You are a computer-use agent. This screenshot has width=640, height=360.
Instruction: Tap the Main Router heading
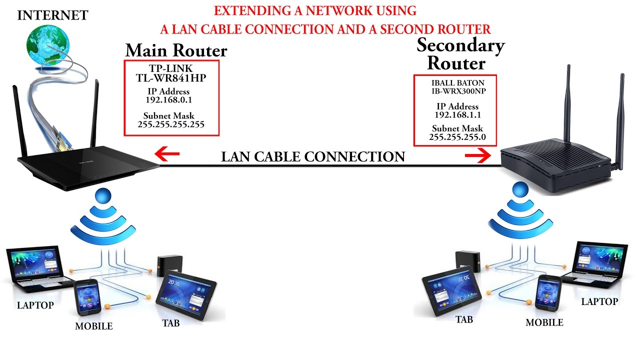coord(176,50)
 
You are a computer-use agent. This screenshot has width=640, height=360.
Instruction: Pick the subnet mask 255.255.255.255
coord(171,124)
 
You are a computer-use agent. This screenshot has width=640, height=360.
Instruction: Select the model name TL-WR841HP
coord(171,78)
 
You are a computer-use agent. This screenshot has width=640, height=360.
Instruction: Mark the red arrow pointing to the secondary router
coord(478,156)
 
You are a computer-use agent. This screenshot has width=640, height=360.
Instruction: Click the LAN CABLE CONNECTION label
coord(313,157)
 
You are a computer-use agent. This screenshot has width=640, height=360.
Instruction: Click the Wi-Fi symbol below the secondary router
coord(520,215)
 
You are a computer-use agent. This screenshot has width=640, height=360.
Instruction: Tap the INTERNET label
coord(52,15)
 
